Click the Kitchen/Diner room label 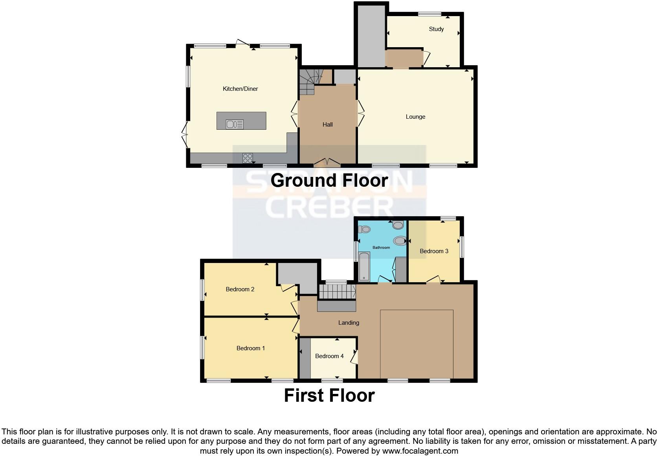click(240, 89)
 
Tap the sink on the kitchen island click(235, 124)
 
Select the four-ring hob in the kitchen click(247, 158)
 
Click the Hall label click(327, 125)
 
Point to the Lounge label click(415, 117)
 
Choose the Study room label click(436, 29)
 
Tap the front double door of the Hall click(327, 162)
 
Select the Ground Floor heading click(329, 180)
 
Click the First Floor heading click(329, 395)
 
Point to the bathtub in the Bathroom click(364, 267)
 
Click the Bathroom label click(381, 248)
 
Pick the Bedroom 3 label click(434, 251)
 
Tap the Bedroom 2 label click(240, 289)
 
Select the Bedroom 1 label click(250, 348)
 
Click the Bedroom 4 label click(329, 356)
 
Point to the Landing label click(349, 323)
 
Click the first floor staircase click(337, 292)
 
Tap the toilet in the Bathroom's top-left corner click(364, 229)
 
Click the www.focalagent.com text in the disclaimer click(420, 451)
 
